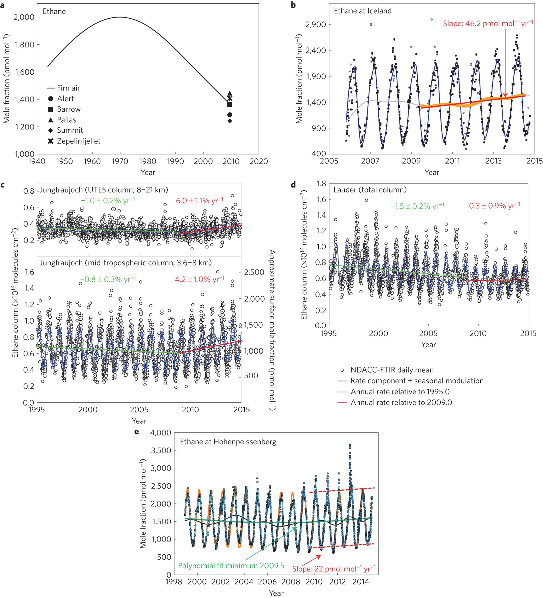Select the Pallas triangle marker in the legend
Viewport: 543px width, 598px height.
tap(51, 120)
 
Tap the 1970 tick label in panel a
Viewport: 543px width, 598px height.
tap(120, 161)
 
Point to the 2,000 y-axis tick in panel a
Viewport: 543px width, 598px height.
tap(24, 17)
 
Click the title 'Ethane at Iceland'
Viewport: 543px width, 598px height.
tap(362, 11)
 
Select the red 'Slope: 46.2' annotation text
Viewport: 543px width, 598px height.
tap(487, 24)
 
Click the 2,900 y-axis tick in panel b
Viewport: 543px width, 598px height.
tap(316, 24)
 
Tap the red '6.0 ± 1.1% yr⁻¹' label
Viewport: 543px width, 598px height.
tap(199, 201)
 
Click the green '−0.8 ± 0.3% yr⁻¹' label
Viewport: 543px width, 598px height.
tap(108, 279)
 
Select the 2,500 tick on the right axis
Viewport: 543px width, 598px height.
tap(254, 272)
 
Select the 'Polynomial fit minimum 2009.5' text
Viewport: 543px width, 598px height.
tap(231, 566)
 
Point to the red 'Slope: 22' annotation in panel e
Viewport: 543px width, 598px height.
tap(334, 569)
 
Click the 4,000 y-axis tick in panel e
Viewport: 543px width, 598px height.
tap(161, 433)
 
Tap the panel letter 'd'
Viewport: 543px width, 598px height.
tap(293, 185)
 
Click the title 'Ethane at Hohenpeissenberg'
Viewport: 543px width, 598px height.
tap(228, 442)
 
